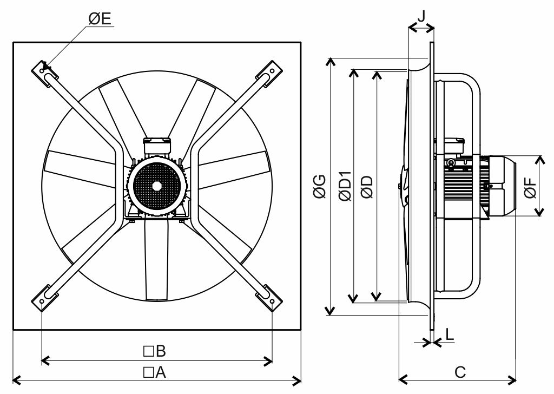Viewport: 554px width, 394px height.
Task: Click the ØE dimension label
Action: coord(100,19)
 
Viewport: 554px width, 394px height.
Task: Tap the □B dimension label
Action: coord(154,351)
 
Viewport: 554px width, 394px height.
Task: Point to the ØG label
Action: coord(320,187)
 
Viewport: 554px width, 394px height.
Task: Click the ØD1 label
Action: coord(344,187)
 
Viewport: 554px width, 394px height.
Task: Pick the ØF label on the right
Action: coord(531,186)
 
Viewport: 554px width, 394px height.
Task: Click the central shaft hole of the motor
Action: coord(156,185)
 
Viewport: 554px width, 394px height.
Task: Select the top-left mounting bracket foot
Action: coord(43,71)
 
